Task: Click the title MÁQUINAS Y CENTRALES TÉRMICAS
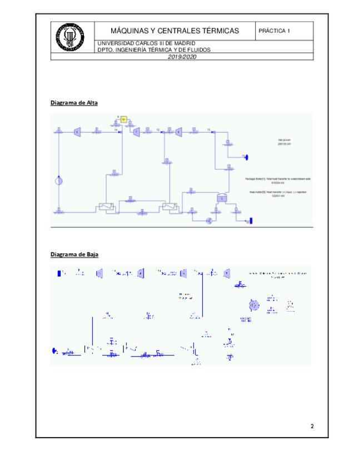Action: [x=174, y=31]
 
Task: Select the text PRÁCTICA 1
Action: [x=275, y=31]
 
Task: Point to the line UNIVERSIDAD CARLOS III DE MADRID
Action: [x=146, y=43]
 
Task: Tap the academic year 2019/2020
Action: [x=182, y=57]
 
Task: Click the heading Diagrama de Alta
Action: [x=74, y=103]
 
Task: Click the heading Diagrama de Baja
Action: [x=74, y=254]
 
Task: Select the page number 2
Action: [x=312, y=427]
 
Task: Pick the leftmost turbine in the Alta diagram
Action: [x=78, y=131]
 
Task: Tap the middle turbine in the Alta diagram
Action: [x=136, y=131]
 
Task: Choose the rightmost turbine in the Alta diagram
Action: [x=178, y=132]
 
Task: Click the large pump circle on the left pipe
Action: [x=59, y=181]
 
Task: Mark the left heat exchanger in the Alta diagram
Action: [x=104, y=207]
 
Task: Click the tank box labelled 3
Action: [x=221, y=197]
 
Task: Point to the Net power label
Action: [x=285, y=141]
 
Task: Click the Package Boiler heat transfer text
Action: [x=277, y=181]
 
